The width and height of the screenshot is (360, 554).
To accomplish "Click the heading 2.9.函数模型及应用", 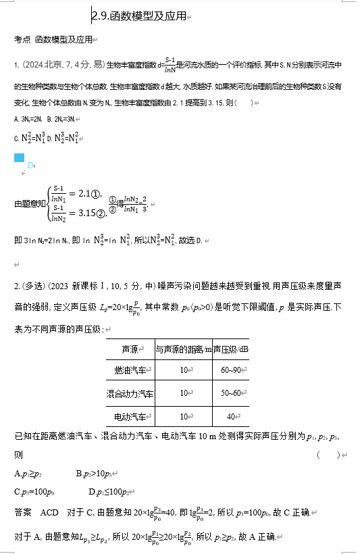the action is point(139,16).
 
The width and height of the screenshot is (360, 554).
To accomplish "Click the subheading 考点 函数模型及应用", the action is point(54,40).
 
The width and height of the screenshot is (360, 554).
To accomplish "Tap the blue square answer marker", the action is point(19,158).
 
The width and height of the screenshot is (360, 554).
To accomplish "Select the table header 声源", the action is point(130,349).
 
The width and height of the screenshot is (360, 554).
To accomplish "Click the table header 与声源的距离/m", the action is point(183,349).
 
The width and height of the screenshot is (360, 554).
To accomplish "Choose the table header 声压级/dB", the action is point(230,349).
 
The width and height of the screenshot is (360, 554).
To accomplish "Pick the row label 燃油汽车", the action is point(130,371).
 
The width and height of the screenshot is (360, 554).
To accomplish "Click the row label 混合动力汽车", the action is point(130,393).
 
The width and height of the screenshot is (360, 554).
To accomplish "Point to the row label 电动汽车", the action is point(130,416).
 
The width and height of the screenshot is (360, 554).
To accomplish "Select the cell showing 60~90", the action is point(230,371).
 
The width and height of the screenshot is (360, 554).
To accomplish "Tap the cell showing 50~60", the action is point(230,393).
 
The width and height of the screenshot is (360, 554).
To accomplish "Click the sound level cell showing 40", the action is point(230,416).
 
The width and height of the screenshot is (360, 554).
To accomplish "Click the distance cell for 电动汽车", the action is point(183,416).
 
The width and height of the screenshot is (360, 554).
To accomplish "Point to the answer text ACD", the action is point(50,513).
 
